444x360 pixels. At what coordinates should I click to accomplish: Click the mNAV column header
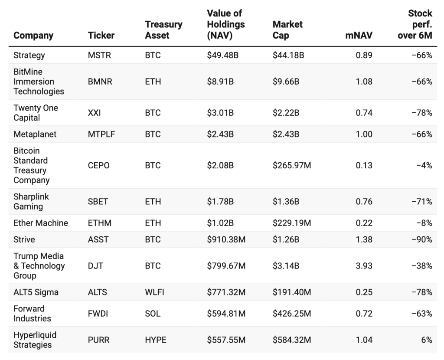point(359,36)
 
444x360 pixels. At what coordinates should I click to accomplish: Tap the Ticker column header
point(101,36)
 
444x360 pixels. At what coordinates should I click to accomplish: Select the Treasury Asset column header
point(163,30)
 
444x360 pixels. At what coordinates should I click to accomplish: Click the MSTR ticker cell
point(99,55)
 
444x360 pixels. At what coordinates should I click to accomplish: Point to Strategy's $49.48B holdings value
point(222,55)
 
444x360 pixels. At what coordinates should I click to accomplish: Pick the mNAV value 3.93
point(364,266)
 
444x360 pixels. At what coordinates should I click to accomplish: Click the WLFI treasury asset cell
point(155,292)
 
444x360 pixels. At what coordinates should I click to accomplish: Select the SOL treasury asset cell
point(153,314)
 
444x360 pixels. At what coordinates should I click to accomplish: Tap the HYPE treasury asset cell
point(156,340)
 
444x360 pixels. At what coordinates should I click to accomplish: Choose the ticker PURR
point(98,340)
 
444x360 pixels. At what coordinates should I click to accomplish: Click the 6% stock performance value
point(427,340)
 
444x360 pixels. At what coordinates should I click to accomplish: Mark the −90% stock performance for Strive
point(422,239)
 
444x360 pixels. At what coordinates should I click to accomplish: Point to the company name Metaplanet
point(35,134)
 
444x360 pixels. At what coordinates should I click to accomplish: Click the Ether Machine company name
point(41,223)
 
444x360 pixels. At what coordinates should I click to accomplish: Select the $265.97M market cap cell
point(292,165)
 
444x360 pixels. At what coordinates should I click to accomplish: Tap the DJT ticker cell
point(95,266)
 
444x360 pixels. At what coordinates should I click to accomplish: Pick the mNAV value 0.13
point(364,165)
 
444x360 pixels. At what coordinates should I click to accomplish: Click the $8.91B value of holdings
point(220,81)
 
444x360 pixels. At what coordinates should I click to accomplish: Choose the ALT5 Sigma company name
point(36,292)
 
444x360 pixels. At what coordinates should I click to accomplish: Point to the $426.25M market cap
point(292,314)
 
